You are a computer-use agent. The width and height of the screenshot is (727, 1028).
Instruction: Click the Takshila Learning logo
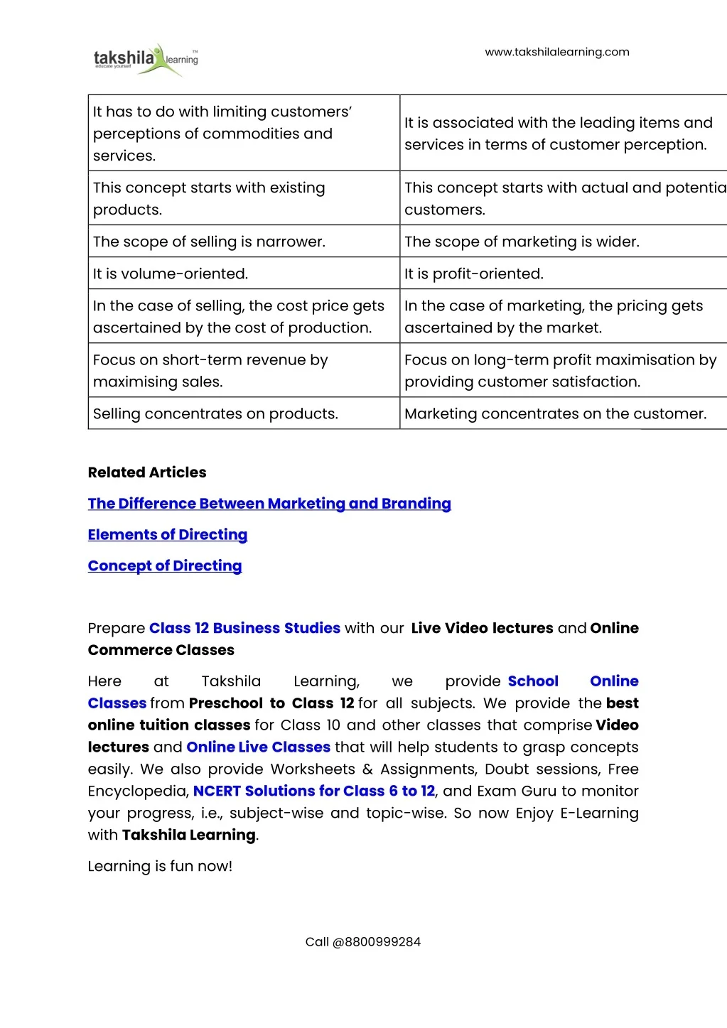(x=146, y=58)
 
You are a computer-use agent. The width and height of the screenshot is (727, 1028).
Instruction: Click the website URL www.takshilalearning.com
(x=556, y=52)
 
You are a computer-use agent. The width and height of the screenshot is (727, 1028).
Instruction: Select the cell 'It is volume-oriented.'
(x=171, y=274)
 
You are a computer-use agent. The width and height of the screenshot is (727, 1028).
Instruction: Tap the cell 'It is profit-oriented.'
(x=474, y=274)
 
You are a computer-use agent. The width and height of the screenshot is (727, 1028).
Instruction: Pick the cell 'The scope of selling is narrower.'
(x=209, y=242)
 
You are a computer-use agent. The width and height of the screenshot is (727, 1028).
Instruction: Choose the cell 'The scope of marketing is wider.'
(x=522, y=242)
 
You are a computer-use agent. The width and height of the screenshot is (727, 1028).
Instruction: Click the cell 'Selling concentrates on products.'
(x=215, y=413)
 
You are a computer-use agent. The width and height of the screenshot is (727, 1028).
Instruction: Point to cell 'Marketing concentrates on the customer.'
(x=555, y=413)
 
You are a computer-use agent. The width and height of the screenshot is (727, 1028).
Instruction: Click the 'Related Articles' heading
(x=147, y=472)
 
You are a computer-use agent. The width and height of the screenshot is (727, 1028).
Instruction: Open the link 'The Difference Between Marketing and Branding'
(x=269, y=504)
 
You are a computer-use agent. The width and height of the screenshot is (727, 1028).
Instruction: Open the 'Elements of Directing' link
(x=168, y=535)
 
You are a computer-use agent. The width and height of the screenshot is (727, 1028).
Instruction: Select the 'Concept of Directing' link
(x=165, y=566)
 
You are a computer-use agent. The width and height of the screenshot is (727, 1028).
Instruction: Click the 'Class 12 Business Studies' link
(x=244, y=628)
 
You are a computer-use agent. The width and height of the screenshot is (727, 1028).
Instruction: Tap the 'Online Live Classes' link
(x=258, y=747)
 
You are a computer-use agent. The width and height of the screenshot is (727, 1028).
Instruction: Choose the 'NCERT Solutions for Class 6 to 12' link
(x=313, y=791)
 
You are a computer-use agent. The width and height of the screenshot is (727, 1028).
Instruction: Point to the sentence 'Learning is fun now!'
(x=160, y=866)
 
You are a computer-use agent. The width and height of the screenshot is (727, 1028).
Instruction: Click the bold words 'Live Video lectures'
(x=482, y=628)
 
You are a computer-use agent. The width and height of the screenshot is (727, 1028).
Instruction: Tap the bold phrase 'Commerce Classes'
(x=161, y=650)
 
